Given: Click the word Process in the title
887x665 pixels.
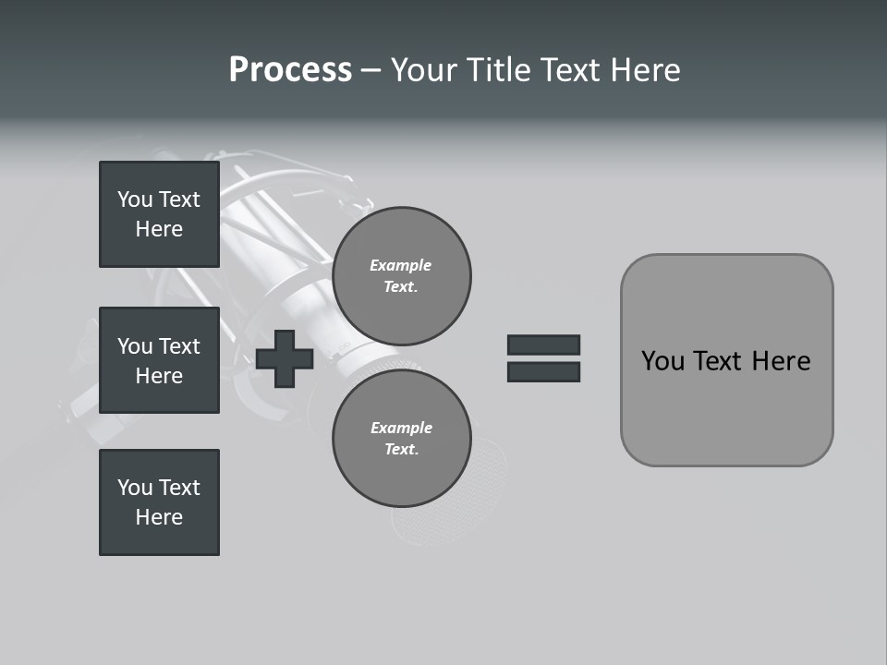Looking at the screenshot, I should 290,70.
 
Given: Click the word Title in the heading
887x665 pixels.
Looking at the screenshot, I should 500,70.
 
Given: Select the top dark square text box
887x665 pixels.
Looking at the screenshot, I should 159,214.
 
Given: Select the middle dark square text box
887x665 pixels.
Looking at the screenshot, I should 159,360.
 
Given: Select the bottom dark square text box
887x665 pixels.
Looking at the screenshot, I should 159,502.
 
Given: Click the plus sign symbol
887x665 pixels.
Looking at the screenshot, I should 285,358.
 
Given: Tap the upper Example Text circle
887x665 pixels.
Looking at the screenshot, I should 402,275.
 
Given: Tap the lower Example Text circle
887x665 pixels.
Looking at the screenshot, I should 402,439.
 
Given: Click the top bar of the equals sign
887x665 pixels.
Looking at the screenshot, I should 543,345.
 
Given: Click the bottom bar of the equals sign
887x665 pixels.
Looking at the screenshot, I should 543,371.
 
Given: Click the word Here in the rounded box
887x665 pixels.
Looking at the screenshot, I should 781,361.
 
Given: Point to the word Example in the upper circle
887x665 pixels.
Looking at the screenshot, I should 401,265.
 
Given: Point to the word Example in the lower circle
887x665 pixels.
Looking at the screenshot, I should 401,428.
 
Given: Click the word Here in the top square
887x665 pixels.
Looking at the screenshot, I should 159,229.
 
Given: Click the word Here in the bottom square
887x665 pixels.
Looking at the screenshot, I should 159,517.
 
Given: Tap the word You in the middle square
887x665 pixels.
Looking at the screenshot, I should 134,346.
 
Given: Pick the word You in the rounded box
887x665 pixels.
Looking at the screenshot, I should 662,361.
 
